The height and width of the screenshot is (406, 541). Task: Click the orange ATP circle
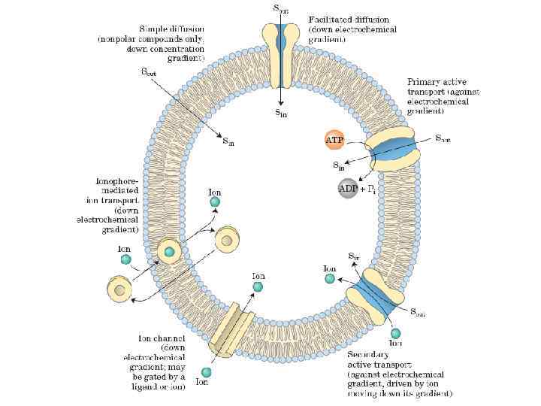[x=334, y=139]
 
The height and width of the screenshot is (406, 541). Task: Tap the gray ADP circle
[x=348, y=188]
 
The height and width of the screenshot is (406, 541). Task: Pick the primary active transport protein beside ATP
[x=391, y=150]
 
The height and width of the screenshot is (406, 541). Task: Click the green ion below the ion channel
[x=207, y=371]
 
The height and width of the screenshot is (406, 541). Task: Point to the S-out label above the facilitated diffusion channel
[x=280, y=9]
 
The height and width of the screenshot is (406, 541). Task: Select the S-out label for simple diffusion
[x=149, y=73]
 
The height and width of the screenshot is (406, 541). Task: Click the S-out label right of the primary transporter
[x=443, y=139]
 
